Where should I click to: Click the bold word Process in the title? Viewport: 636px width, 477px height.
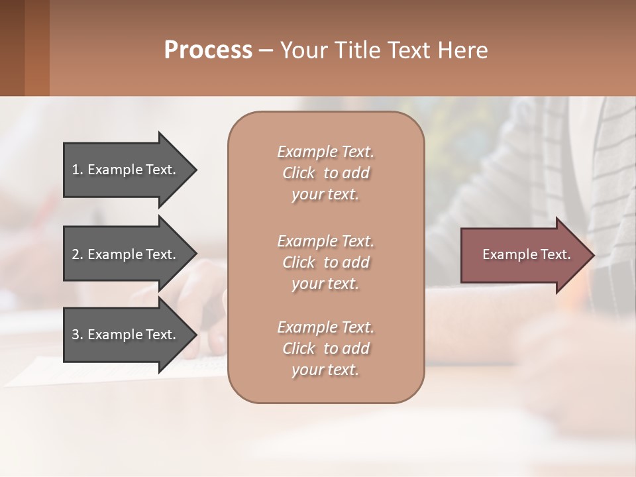tap(208, 50)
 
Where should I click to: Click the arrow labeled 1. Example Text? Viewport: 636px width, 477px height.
tap(124, 170)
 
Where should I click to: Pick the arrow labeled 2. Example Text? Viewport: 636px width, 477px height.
tap(124, 254)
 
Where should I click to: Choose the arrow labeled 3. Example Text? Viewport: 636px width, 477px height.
tap(124, 335)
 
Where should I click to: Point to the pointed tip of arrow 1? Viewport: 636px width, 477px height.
tap(195, 170)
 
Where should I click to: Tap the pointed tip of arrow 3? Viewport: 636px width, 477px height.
tap(195, 335)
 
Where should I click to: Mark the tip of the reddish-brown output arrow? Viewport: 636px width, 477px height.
tap(592, 255)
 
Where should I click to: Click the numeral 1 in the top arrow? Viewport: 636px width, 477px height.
tap(76, 170)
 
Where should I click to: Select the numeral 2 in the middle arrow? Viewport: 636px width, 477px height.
tap(76, 254)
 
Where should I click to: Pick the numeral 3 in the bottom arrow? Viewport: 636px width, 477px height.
tap(76, 335)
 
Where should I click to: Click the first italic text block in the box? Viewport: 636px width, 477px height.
tap(325, 173)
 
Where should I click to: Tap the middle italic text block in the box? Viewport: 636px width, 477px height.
tap(325, 262)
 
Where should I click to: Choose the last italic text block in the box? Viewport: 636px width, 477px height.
tap(325, 348)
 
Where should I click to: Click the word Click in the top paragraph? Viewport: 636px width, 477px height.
tap(298, 173)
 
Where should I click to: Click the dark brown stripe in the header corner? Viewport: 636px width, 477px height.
tap(12, 48)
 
